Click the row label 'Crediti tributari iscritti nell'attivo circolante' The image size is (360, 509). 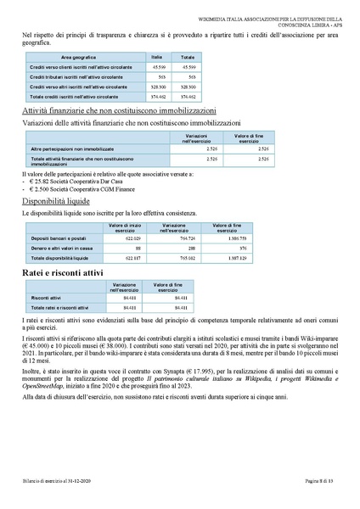pyautogui.click(x=77, y=76)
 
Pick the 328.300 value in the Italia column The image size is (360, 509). pyautogui.click(x=157, y=87)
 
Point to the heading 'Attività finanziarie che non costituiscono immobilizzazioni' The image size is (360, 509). pyautogui.click(x=119, y=111)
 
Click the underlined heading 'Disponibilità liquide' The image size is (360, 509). pyautogui.click(x=54, y=203)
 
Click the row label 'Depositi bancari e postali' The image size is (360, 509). pyautogui.click(x=60, y=239)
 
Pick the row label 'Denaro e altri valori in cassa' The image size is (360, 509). pyautogui.click(x=65, y=248)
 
